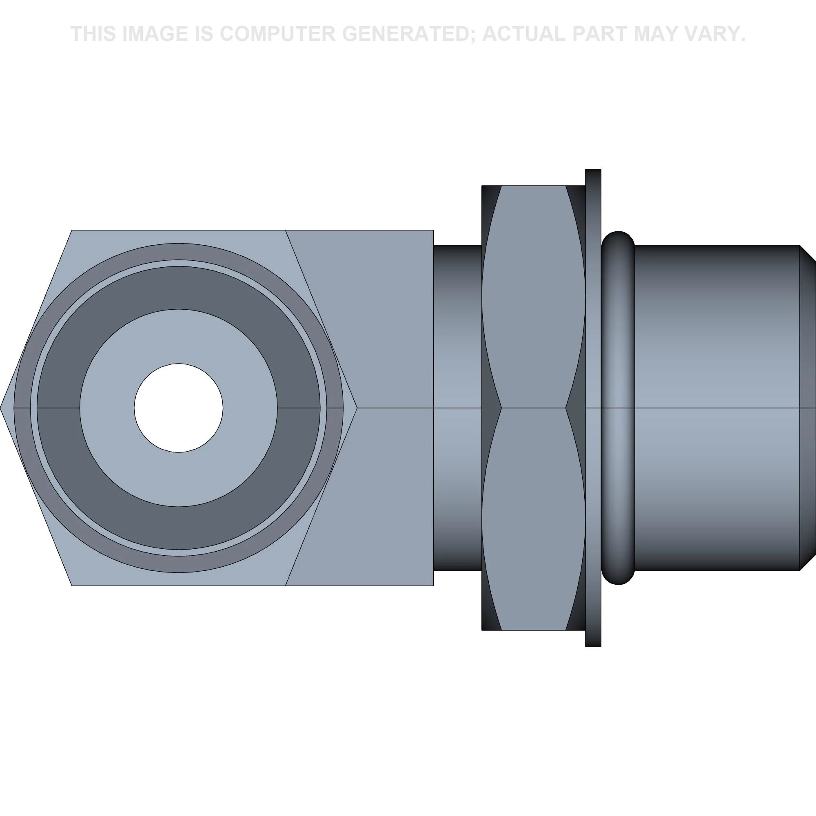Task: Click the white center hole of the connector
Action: pyautogui.click(x=179, y=408)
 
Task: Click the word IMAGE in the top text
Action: pyautogui.click(x=155, y=34)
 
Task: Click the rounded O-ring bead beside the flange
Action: pyautogui.click(x=618, y=408)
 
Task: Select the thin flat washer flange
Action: pyautogui.click(x=593, y=408)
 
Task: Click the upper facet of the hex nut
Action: pyautogui.click(x=533, y=297)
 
